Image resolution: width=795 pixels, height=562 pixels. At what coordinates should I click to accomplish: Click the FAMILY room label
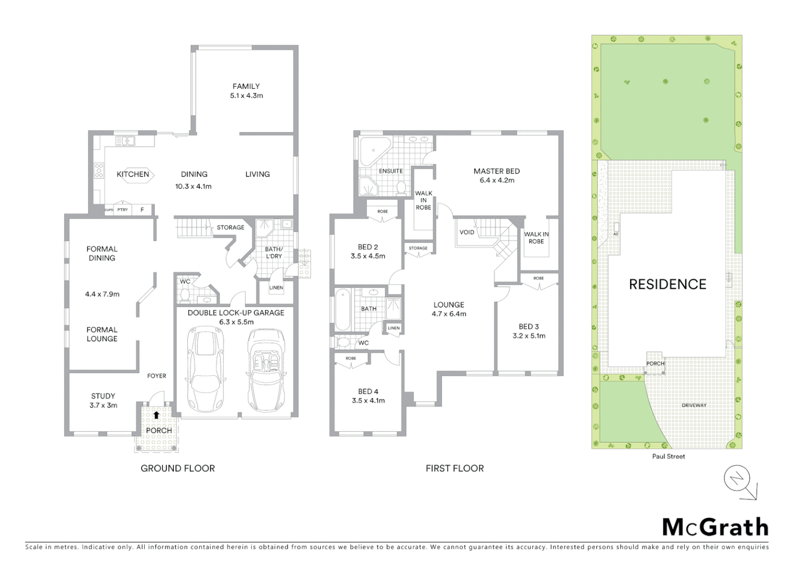pos(246,86)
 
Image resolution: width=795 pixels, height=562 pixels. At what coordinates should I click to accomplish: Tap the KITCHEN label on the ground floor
pos(133,174)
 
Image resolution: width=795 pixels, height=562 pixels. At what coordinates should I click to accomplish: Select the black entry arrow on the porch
pos(157,415)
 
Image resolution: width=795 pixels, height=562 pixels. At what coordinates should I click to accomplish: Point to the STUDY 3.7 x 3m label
pos(103,401)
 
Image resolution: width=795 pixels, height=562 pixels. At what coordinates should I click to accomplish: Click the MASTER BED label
pos(496,171)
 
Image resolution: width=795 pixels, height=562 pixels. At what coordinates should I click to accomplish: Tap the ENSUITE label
pos(391,171)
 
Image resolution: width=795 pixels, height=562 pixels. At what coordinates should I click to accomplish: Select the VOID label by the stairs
pos(467,232)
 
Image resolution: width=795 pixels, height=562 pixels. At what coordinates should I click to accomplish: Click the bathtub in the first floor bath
pos(342,311)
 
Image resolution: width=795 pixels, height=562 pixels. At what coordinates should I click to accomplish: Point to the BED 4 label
pos(368,392)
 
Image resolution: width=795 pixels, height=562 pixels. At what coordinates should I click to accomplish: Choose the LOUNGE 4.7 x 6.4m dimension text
pos(448,314)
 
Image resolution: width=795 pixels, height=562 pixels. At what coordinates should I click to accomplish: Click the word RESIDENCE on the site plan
pos(668,285)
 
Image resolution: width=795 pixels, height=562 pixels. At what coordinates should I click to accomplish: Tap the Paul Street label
pos(669,456)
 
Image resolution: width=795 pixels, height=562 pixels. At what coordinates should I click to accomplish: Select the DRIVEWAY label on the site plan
pos(694,405)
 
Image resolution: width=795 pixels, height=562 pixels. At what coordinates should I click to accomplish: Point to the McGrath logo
pos(715,527)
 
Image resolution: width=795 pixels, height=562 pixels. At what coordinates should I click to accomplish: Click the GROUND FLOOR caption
pos(177,468)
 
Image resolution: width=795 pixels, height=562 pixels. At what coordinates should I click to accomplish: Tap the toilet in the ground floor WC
pos(184,295)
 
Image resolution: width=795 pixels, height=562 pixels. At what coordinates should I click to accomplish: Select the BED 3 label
pos(529,327)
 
